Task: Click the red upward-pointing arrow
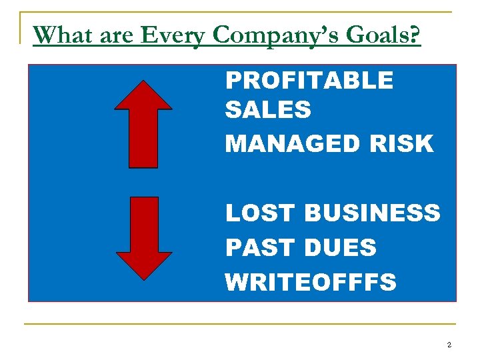tap(143, 123)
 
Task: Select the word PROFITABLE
tap(309, 81)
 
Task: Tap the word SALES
tap(268, 110)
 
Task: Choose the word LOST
tap(260, 213)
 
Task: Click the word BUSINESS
tap(372, 213)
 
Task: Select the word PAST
tap(260, 248)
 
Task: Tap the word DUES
tap(340, 248)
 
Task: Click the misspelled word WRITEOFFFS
tap(311, 282)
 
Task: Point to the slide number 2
tap(449, 345)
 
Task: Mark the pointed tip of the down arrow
tap(143, 270)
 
